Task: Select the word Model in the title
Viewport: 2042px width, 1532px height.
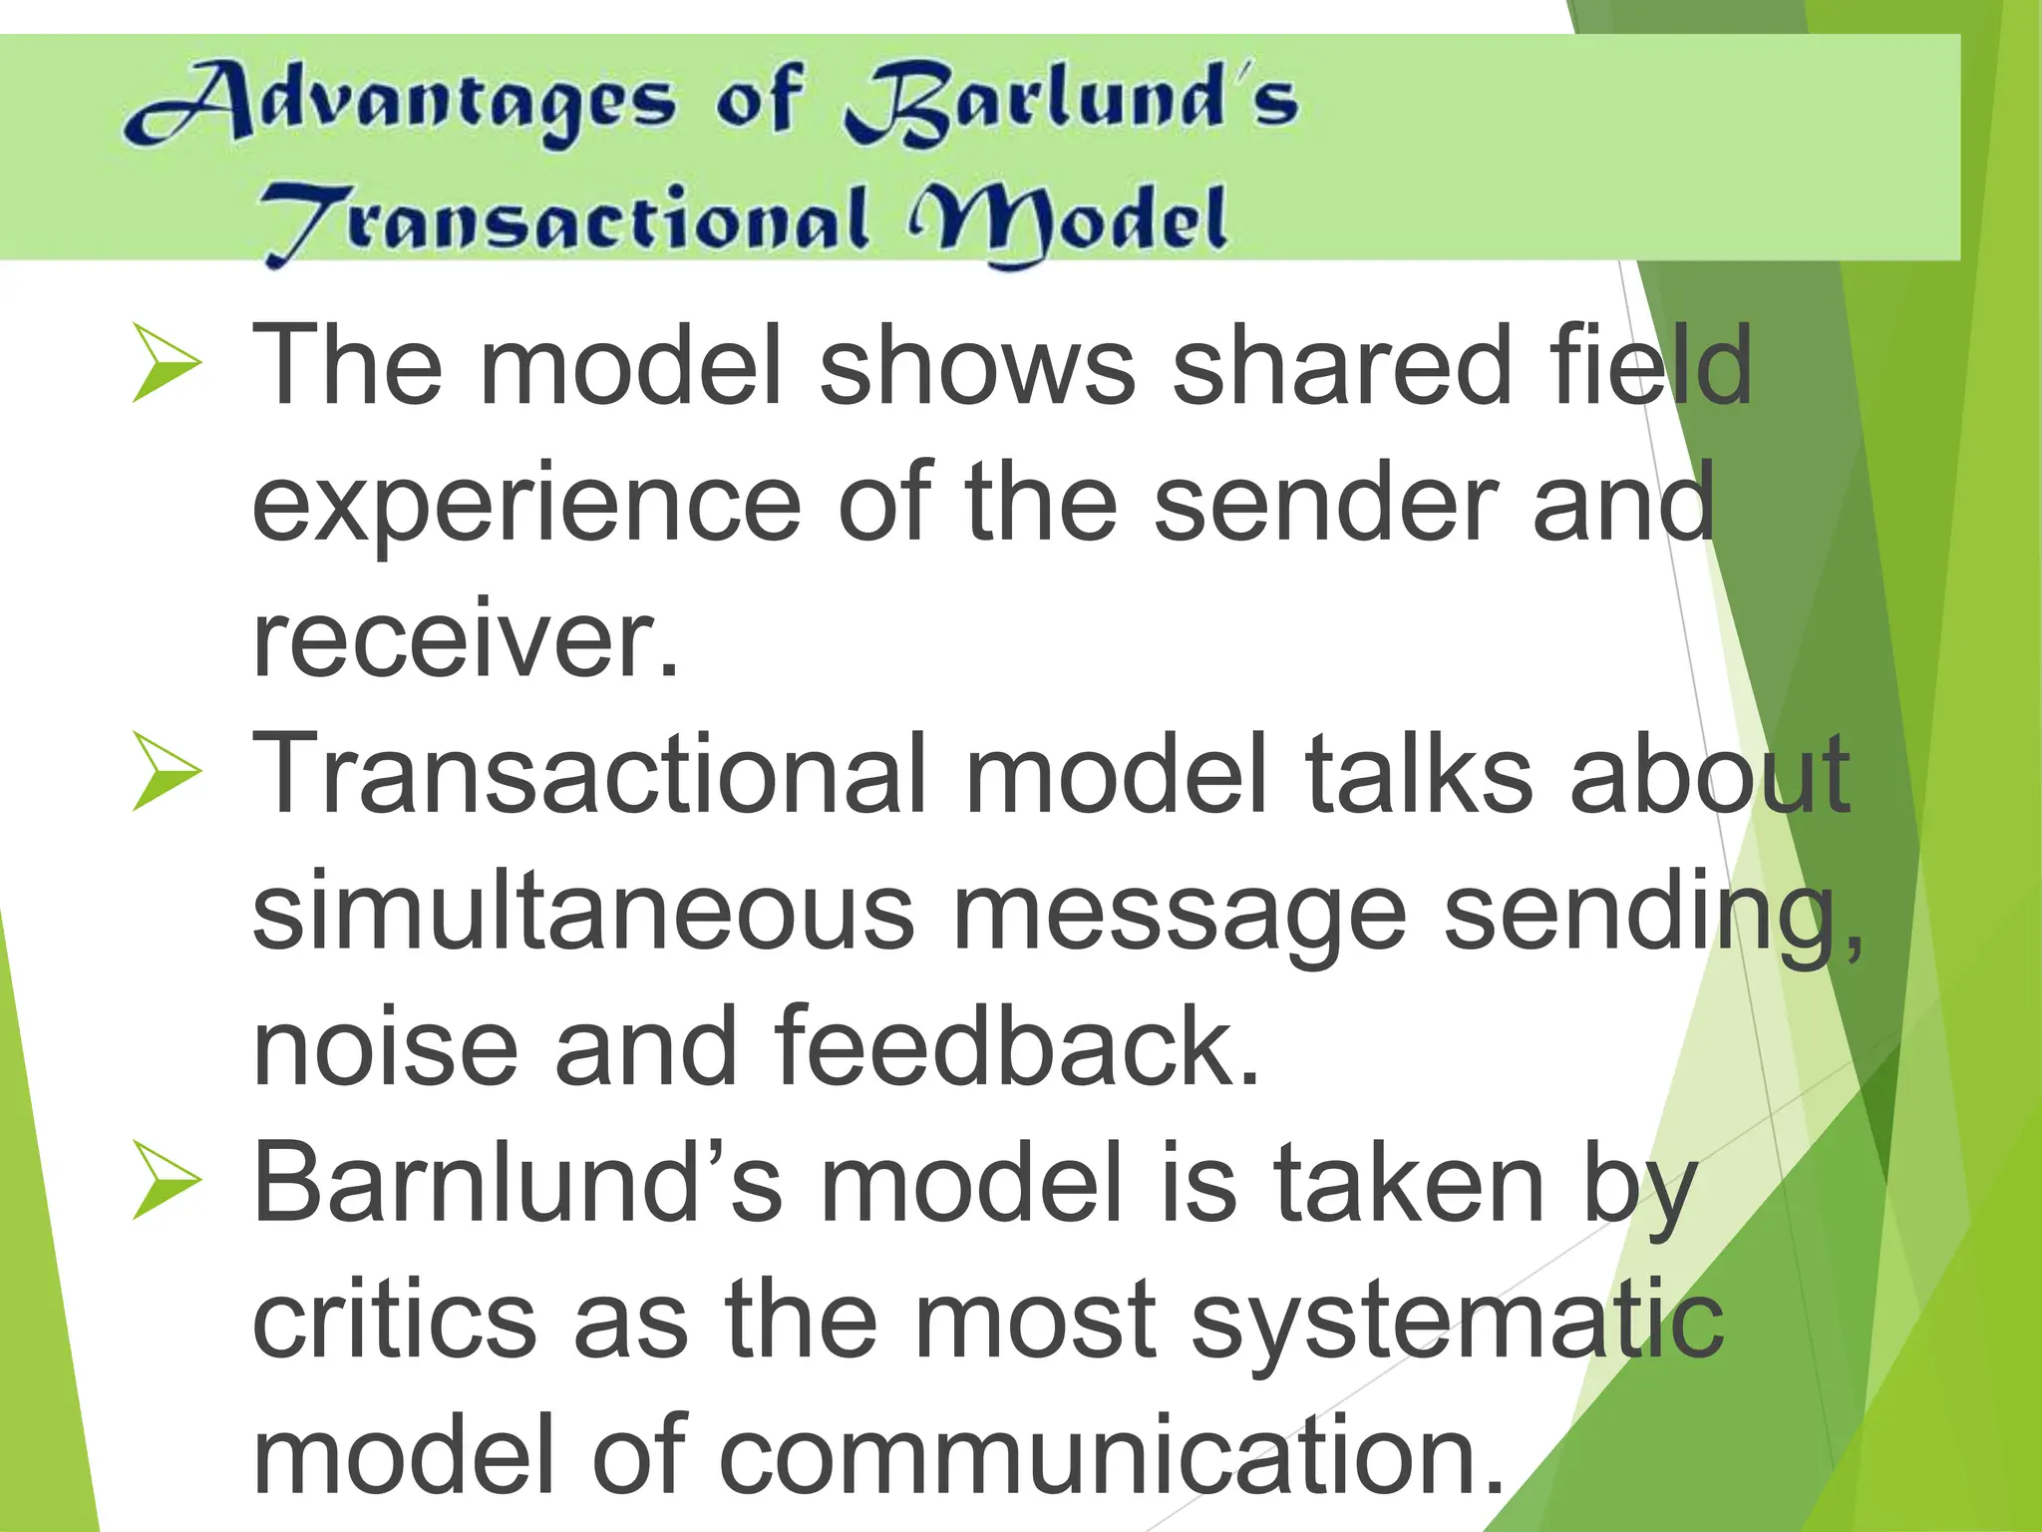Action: (1067, 221)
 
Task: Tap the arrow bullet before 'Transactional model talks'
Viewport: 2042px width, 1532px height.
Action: (166, 772)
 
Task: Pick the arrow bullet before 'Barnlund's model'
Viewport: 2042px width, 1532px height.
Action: (166, 1181)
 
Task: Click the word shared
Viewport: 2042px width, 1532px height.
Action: (1341, 365)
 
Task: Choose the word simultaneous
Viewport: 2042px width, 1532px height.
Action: (583, 912)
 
